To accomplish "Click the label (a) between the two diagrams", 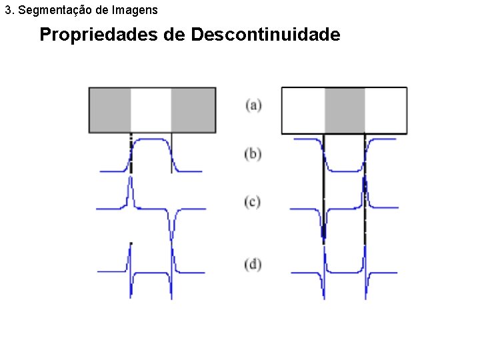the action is [x=253, y=105].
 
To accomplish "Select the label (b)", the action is [x=253, y=154].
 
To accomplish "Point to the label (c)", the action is [x=253, y=201].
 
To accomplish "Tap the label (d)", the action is [x=253, y=264].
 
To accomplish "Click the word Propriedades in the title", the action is [x=99, y=35].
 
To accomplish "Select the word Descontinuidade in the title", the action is [x=265, y=35].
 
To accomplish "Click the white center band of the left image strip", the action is [x=151, y=110].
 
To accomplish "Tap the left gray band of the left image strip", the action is [x=111, y=110].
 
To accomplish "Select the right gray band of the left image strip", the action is [x=193, y=110].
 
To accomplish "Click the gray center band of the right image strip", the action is [x=345, y=110].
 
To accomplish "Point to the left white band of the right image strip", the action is [x=304, y=110].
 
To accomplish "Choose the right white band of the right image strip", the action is [x=385, y=110].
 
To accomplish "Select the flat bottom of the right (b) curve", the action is [x=345, y=171].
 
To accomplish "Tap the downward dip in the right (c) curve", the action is [x=324, y=230].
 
